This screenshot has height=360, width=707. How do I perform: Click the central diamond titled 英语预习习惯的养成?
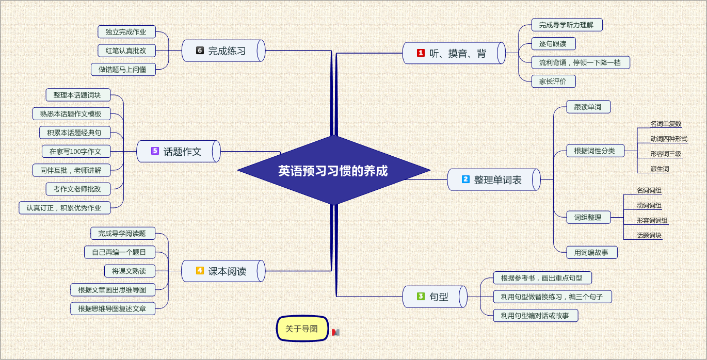(x=333, y=170)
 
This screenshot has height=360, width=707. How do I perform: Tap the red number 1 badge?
(x=421, y=53)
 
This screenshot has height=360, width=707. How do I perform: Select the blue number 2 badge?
(x=465, y=179)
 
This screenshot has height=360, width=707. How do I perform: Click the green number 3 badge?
(x=421, y=296)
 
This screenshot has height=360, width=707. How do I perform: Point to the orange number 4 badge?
(x=200, y=270)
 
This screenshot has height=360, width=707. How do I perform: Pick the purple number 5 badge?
(x=155, y=151)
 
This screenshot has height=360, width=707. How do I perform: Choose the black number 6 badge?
(x=200, y=50)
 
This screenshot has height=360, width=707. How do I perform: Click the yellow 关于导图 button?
(x=302, y=329)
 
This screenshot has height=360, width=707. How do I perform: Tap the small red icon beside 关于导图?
(x=335, y=332)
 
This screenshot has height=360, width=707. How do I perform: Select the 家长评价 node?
(x=553, y=81)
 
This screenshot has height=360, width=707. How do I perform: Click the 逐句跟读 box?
(x=553, y=43)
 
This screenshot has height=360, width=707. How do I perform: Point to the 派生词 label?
(x=660, y=169)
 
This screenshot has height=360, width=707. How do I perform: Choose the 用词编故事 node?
(x=592, y=252)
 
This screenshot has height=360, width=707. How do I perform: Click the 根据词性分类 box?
(x=595, y=151)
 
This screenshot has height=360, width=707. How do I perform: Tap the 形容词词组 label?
(x=652, y=221)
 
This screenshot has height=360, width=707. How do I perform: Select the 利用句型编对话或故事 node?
(x=536, y=316)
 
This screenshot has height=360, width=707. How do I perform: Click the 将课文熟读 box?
(x=130, y=271)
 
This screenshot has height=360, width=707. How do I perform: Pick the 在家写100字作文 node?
(x=76, y=152)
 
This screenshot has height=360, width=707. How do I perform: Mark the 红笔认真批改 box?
(x=126, y=51)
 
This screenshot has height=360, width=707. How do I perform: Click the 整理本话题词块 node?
(x=78, y=95)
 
